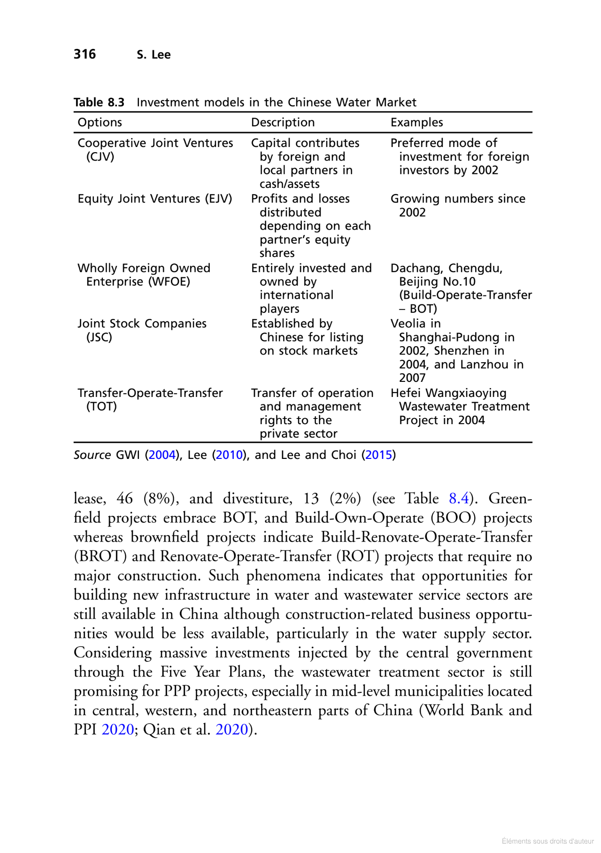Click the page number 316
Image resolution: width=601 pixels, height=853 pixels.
[x=85, y=54]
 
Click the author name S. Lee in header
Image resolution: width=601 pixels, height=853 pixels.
[x=154, y=55]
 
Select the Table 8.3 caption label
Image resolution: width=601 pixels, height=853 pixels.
[x=99, y=102]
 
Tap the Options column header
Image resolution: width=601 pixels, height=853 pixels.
[x=100, y=123]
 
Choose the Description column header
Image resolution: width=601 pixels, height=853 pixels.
[x=283, y=123]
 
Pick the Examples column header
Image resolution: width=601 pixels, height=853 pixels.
[x=416, y=123]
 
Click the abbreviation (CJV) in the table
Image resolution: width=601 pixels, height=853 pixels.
[x=100, y=157]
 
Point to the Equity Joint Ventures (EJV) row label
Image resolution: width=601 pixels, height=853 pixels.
[x=155, y=199]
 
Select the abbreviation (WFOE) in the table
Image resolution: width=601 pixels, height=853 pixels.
[x=170, y=282]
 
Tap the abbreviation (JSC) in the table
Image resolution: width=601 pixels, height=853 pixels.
[x=99, y=337]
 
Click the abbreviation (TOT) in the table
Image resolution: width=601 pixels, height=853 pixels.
[x=101, y=406]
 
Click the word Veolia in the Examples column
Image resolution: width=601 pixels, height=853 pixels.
[x=408, y=324]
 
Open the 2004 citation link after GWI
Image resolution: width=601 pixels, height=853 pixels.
[x=162, y=455]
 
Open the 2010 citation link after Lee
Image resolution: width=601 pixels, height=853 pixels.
[x=229, y=455]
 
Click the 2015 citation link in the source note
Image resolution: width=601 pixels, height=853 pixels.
[x=378, y=455]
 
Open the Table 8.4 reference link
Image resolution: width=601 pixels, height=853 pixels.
[x=459, y=498]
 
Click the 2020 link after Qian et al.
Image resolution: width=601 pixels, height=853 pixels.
[x=231, y=729]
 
